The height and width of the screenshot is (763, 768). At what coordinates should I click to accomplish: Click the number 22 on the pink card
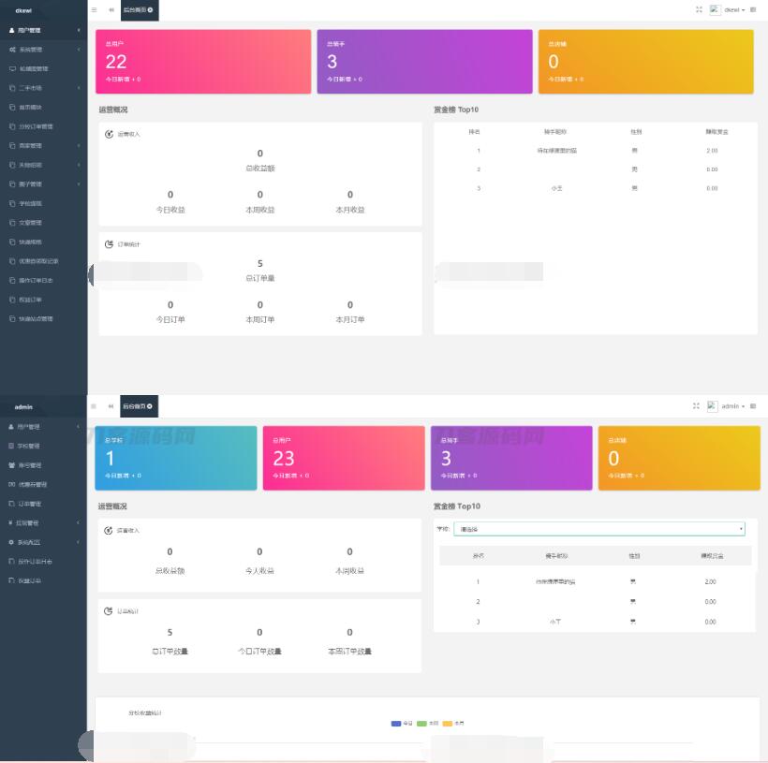point(116,62)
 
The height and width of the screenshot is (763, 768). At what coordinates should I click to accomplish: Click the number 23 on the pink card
point(284,458)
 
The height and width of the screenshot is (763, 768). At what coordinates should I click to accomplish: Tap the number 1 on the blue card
point(110,458)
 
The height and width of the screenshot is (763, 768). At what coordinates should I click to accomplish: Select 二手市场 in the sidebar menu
point(32,88)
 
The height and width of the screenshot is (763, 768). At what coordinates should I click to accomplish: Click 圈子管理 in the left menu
point(31,184)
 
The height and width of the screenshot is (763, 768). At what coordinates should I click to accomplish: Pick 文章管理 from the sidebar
point(31,223)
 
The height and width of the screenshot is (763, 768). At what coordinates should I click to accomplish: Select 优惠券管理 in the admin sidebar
point(33,484)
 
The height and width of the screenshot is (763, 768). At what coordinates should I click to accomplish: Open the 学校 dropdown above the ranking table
point(599,529)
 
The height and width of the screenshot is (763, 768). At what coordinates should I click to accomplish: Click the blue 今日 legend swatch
point(396,724)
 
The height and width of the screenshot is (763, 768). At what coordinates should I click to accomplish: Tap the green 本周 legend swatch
point(421,724)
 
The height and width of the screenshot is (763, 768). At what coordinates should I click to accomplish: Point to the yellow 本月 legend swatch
point(448,724)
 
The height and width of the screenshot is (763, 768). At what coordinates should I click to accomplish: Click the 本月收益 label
point(350,210)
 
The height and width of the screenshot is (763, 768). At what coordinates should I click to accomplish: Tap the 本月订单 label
point(350,319)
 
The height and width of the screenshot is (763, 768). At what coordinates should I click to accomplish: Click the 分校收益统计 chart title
point(145,713)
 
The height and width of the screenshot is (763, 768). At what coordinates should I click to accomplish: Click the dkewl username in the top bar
point(731,9)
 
